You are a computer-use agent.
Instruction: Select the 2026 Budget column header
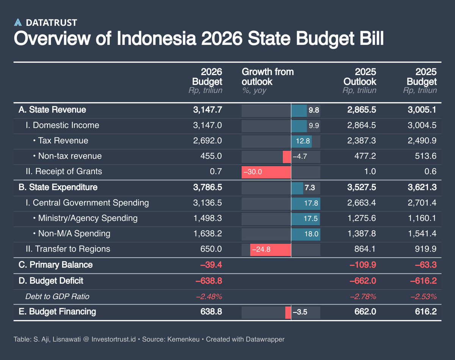[x=207, y=77]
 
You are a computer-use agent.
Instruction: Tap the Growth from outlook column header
[x=268, y=77]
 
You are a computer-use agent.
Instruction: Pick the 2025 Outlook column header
[x=360, y=77]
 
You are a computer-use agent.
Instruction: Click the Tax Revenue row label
[x=63, y=141]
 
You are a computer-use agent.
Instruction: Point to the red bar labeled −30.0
[x=266, y=172]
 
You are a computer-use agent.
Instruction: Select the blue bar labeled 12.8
[x=301, y=141]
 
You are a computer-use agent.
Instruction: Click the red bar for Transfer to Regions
[x=270, y=250]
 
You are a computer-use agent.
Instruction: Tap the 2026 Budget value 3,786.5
[x=208, y=187]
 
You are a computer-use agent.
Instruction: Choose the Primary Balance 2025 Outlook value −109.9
[x=362, y=265]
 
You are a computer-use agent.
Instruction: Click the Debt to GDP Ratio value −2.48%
[x=209, y=296]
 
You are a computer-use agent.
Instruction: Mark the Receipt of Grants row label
[x=68, y=171]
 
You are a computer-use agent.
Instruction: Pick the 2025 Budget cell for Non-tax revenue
[x=425, y=156]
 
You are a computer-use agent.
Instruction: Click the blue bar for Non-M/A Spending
[x=306, y=234]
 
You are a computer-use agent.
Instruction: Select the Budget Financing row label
[x=57, y=312]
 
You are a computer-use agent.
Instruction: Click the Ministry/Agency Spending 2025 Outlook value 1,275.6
[x=362, y=218]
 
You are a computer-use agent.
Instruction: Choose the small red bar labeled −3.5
[x=288, y=312]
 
